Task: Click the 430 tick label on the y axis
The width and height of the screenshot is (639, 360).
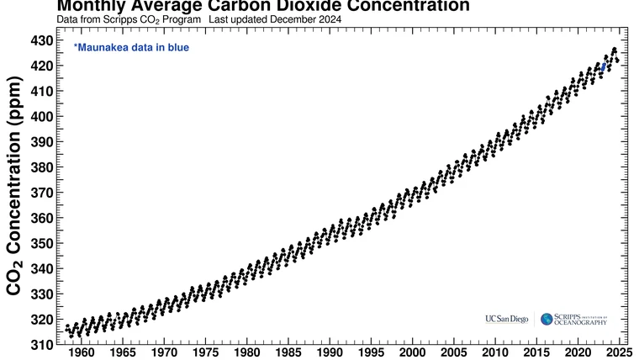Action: tap(42, 40)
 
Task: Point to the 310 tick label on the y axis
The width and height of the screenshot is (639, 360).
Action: tap(42, 345)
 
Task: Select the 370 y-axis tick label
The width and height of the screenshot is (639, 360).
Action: tap(42, 193)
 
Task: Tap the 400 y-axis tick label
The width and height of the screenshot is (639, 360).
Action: tap(42, 116)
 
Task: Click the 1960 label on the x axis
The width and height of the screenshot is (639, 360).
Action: tap(82, 352)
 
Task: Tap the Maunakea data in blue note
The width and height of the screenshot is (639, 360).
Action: tap(131, 48)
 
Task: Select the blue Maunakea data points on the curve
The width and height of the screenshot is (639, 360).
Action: tap(604, 66)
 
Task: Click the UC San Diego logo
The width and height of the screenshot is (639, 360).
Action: tap(507, 319)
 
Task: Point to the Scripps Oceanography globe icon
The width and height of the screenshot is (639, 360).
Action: tap(547, 319)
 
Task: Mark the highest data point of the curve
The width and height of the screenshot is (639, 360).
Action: tap(614, 50)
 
